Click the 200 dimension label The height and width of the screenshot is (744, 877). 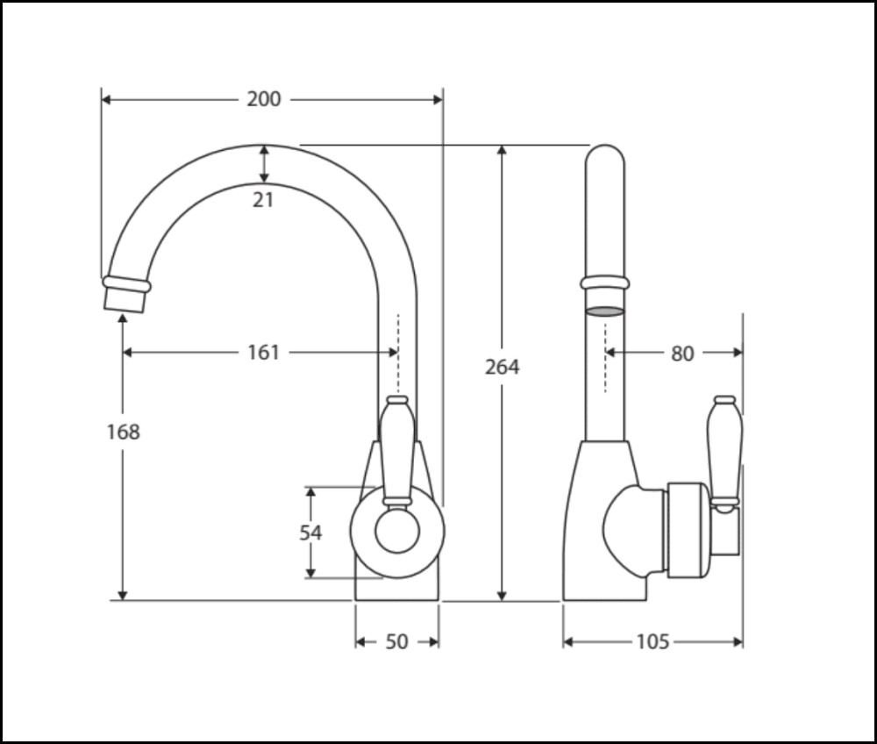coord(263,99)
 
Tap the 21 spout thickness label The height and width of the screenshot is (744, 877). coord(263,200)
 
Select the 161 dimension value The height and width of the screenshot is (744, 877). coord(263,353)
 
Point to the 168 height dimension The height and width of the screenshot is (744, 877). coord(123,432)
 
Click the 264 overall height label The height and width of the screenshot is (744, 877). coord(502,367)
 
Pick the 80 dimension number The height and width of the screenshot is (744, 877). coord(682,354)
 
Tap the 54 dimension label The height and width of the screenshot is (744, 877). coord(310,533)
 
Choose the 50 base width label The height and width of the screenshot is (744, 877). coord(396,641)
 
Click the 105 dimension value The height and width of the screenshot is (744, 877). coord(652,641)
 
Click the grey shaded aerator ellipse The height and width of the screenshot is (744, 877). coord(604,311)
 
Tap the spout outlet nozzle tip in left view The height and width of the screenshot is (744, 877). coord(125,301)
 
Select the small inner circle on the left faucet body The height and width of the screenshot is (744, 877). coord(397,531)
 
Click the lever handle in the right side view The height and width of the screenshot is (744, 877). coord(725,453)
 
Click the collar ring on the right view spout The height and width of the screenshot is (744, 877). coord(604,283)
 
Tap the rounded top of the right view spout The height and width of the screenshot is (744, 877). coord(604,147)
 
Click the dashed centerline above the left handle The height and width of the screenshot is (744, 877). coord(398,354)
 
